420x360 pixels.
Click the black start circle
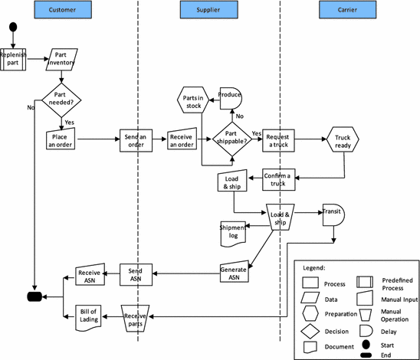pos(13,28)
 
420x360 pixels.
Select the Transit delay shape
pos(333,215)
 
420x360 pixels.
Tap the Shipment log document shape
pos(233,234)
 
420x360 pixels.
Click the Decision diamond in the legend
pos(311,332)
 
